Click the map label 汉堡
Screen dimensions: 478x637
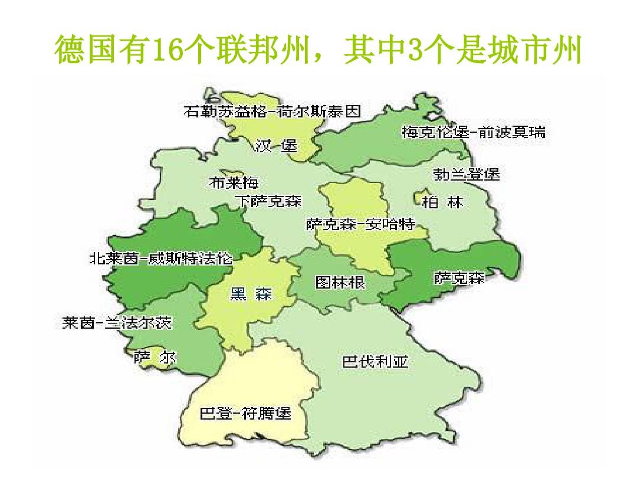(x=276, y=146)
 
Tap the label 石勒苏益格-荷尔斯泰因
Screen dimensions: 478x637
(x=272, y=112)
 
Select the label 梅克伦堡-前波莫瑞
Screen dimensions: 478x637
(x=474, y=132)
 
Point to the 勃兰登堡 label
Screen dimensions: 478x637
(x=466, y=175)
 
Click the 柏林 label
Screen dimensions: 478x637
(x=442, y=202)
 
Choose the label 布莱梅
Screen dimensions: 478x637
(x=234, y=183)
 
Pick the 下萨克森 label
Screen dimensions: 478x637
(x=268, y=202)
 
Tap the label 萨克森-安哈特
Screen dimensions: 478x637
(x=360, y=224)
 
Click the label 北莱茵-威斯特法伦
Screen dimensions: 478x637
(x=161, y=258)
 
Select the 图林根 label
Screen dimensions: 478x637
(x=340, y=282)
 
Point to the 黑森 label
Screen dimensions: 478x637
(x=250, y=294)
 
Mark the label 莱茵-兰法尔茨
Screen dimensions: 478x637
(x=117, y=323)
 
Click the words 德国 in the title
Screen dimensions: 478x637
(x=84, y=51)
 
